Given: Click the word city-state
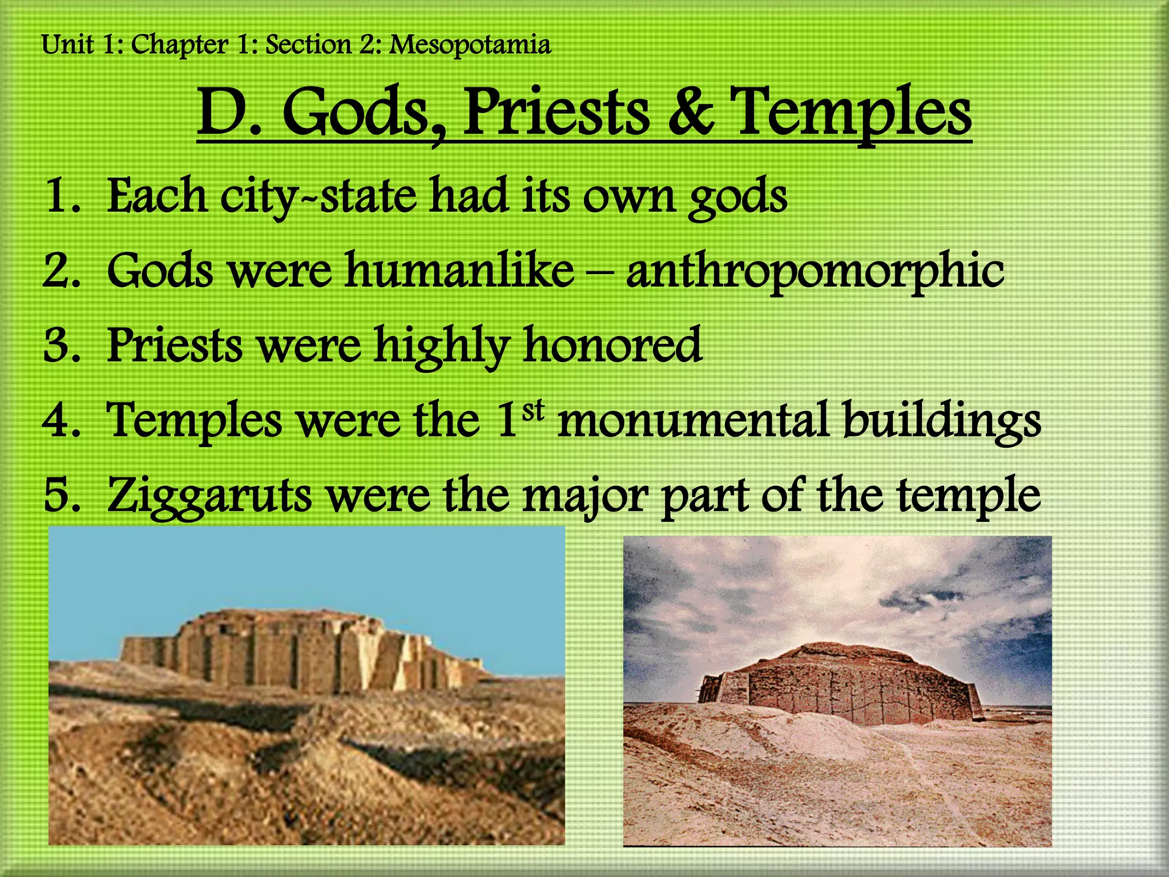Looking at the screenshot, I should [x=319, y=197].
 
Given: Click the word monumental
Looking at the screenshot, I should [x=692, y=420].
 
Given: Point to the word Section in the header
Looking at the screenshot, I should [x=308, y=45].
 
